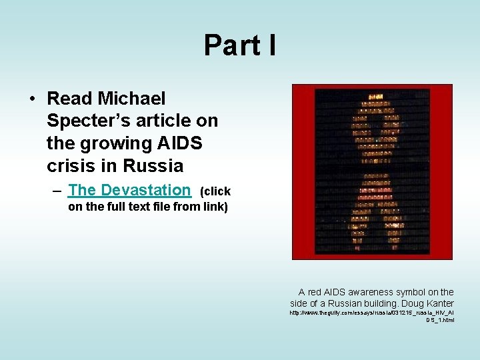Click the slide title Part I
click(x=239, y=45)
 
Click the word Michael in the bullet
click(x=131, y=99)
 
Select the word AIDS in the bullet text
click(x=180, y=143)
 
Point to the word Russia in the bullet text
click(x=155, y=165)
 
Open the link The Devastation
click(x=129, y=190)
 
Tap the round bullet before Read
click(x=32, y=99)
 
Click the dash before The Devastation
click(x=59, y=191)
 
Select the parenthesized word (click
click(x=215, y=191)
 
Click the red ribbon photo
click(x=372, y=171)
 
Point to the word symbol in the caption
click(x=409, y=292)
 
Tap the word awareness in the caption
click(x=369, y=292)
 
